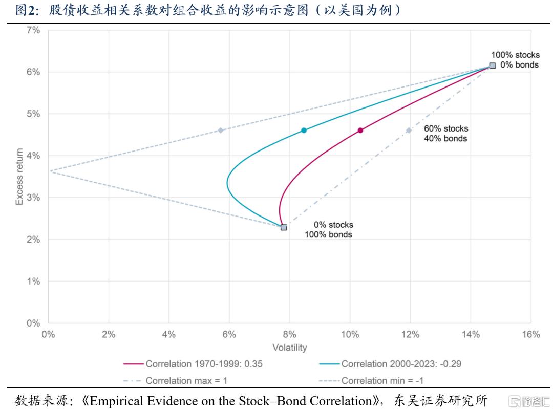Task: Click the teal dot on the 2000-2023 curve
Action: click(x=304, y=131)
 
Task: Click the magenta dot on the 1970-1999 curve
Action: click(x=360, y=131)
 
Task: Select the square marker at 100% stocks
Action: click(x=492, y=66)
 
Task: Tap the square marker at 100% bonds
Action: click(x=284, y=227)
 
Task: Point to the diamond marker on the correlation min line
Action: click(x=220, y=131)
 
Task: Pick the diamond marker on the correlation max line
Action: click(x=409, y=131)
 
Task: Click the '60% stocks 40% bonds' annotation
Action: click(x=445, y=133)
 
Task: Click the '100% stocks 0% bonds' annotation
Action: click(x=515, y=60)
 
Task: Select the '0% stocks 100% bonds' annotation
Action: click(x=333, y=229)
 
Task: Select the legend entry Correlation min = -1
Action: click(x=382, y=380)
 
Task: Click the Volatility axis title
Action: click(x=289, y=348)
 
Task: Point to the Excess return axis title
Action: click(x=19, y=177)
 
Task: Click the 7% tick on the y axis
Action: click(x=33, y=30)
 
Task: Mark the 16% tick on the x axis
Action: click(x=530, y=334)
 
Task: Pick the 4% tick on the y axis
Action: click(x=33, y=156)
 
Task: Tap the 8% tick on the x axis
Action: click(x=289, y=334)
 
